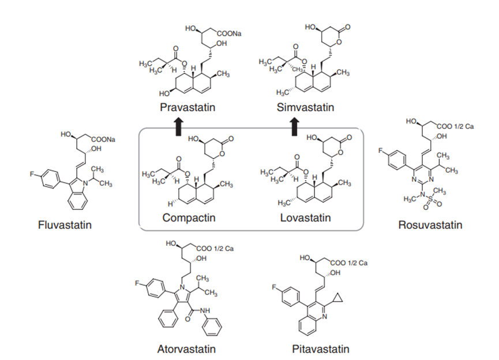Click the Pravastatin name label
tap(187, 107)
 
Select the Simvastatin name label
tap(305, 107)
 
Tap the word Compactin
tap(189, 217)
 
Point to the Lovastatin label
tap(306, 217)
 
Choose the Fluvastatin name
tap(65, 225)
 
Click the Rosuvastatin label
tap(430, 225)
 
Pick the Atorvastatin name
tap(186, 349)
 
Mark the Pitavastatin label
tap(321, 349)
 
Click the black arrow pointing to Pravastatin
tap(178, 127)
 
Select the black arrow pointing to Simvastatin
tap(295, 127)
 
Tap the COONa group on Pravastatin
tap(229, 33)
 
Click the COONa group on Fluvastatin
tap(103, 140)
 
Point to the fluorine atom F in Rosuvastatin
tap(380, 151)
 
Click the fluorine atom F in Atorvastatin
tap(137, 283)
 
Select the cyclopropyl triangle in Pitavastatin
tap(338, 298)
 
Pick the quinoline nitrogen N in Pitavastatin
tap(324, 316)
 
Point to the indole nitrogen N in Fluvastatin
tap(85, 183)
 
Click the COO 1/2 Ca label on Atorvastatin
tap(215, 249)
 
